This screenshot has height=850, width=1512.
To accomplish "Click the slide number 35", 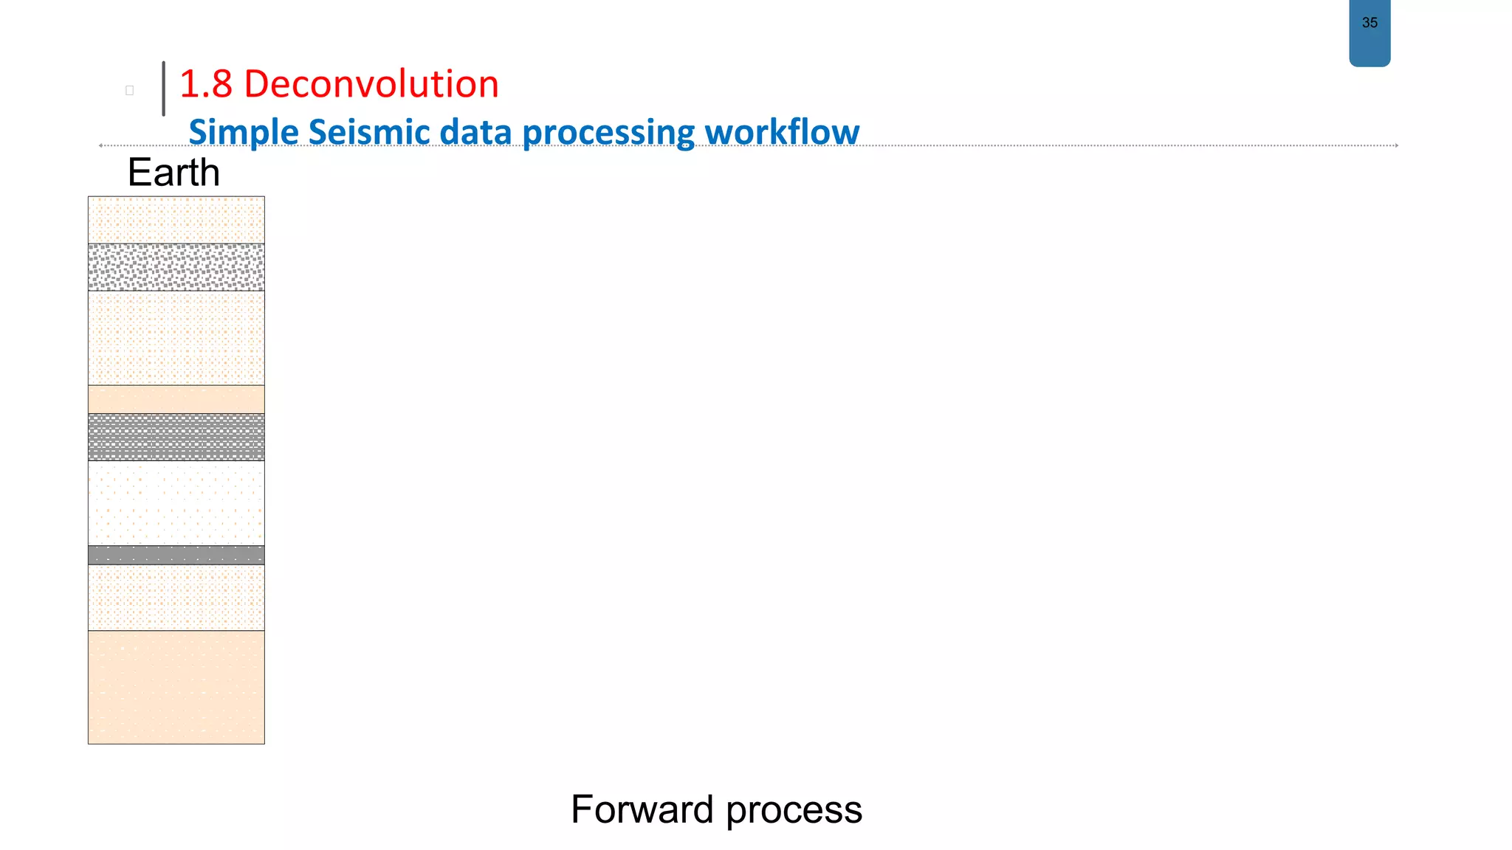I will coord(1370,23).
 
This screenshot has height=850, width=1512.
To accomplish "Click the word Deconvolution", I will coord(371,83).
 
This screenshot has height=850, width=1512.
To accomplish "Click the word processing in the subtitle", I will coord(608,132).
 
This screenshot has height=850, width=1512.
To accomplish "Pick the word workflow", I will coord(782,132).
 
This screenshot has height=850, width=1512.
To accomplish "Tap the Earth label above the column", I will coord(173,173).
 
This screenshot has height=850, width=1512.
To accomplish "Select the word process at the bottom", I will coord(794,809).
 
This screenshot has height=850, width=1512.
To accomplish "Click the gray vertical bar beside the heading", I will coord(163,89).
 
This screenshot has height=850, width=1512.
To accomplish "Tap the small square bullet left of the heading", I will coord(130,91).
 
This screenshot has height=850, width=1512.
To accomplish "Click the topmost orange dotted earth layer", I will coord(176,220).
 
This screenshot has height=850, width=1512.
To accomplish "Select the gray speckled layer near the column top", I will coord(176,267).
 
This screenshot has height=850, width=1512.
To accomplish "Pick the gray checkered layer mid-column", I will coord(176,437).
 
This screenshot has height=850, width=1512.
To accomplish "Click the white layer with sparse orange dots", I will coord(176,503).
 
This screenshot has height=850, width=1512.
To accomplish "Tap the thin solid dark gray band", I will coord(176,555).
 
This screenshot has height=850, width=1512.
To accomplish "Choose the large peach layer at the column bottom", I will coord(176,687).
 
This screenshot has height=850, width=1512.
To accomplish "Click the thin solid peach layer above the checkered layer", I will coord(176,399).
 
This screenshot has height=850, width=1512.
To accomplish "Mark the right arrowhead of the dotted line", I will coord(1396,145).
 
